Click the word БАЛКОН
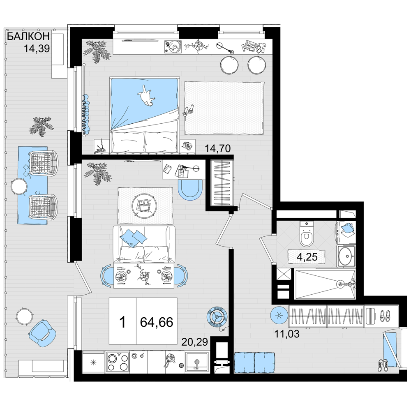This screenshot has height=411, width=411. [28, 37]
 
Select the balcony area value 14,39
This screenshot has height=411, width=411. [37, 49]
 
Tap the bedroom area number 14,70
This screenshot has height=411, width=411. [217, 149]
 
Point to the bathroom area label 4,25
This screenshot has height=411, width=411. [307, 256]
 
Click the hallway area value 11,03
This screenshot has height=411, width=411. [287, 334]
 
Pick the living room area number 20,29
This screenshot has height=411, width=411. [194, 342]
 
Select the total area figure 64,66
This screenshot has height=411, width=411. [157, 322]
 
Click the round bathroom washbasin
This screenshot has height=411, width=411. [346, 256]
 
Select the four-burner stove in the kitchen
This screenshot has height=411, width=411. [117, 362]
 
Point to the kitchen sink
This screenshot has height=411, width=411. [196, 363]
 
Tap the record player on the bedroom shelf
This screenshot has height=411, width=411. [173, 47]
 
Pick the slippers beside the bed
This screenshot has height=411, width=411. [189, 110]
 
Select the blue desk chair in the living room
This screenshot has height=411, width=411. [190, 189]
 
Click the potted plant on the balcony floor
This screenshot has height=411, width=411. [41, 126]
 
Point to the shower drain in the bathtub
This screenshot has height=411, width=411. [340, 283]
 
